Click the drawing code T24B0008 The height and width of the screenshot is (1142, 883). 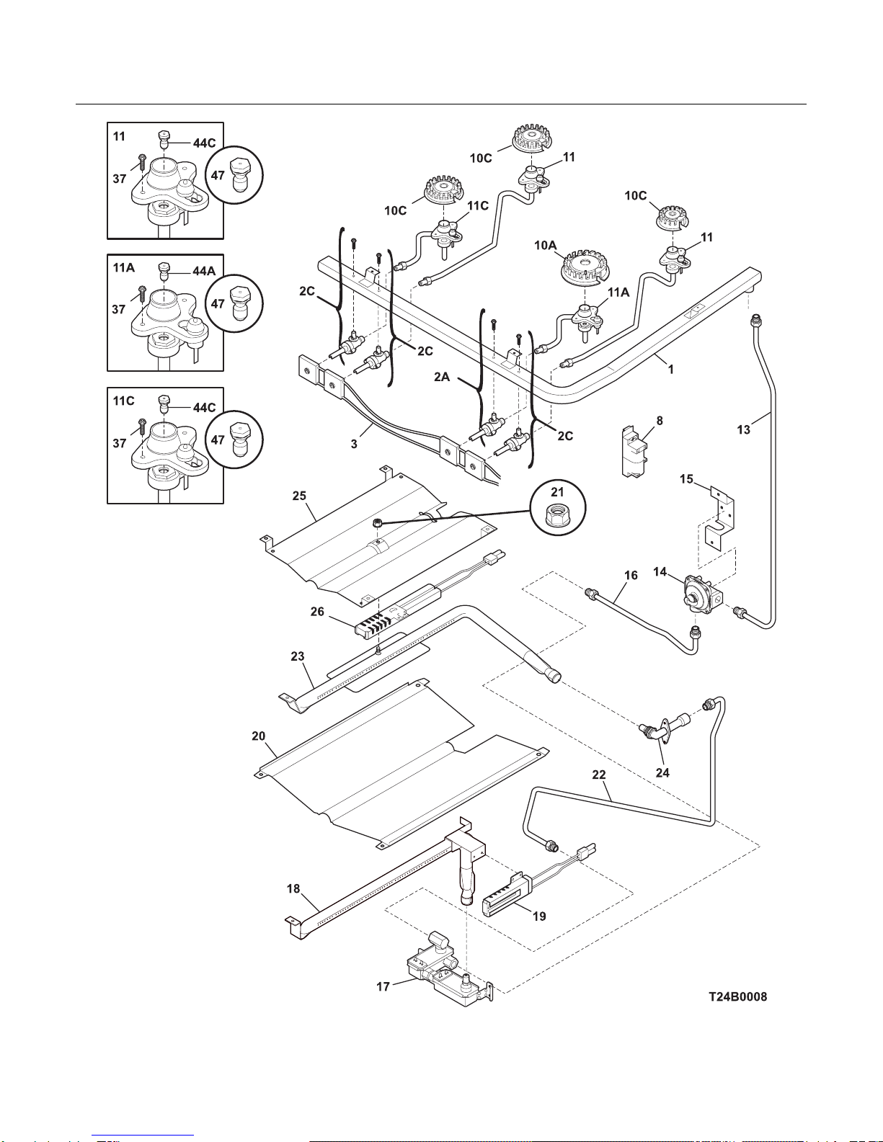pyautogui.click(x=737, y=996)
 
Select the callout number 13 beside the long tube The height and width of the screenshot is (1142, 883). pyautogui.click(x=743, y=430)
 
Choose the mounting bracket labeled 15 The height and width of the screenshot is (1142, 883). pyautogui.click(x=719, y=519)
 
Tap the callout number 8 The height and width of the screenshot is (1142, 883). pyautogui.click(x=659, y=421)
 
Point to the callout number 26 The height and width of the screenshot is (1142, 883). pyautogui.click(x=317, y=611)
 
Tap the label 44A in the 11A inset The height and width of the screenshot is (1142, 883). pyautogui.click(x=204, y=271)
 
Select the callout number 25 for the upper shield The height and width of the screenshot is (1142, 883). pyautogui.click(x=299, y=496)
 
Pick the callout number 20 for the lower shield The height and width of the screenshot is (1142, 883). pyautogui.click(x=258, y=736)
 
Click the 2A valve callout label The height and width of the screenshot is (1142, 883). pyautogui.click(x=441, y=376)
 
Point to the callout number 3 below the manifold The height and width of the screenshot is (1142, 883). pyautogui.click(x=354, y=444)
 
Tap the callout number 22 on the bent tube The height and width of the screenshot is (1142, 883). pyautogui.click(x=599, y=774)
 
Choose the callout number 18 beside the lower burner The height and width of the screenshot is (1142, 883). pyautogui.click(x=293, y=888)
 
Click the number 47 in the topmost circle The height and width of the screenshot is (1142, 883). pyautogui.click(x=218, y=175)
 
